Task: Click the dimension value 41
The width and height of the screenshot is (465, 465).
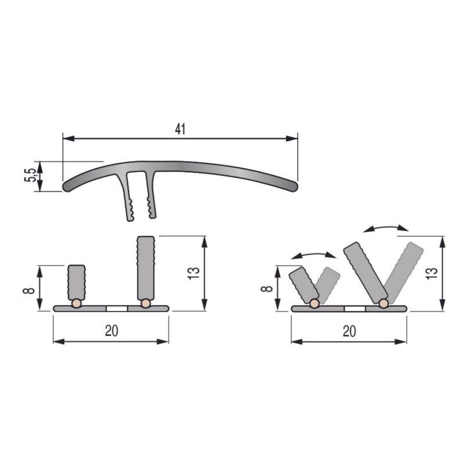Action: [x=180, y=130]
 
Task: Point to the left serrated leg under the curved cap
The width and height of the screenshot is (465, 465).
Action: [x=129, y=198]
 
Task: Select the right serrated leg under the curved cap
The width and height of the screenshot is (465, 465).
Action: [x=151, y=198]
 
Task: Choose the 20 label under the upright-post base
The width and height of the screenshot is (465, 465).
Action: [x=112, y=331]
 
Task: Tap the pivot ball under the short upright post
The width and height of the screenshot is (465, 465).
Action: [x=76, y=303]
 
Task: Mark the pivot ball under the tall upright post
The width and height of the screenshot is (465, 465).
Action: [x=145, y=303]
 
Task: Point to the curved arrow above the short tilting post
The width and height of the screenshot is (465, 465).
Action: [x=313, y=255]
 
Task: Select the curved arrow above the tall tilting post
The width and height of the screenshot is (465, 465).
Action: [x=385, y=228]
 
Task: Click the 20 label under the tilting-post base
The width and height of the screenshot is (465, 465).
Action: [x=349, y=331]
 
